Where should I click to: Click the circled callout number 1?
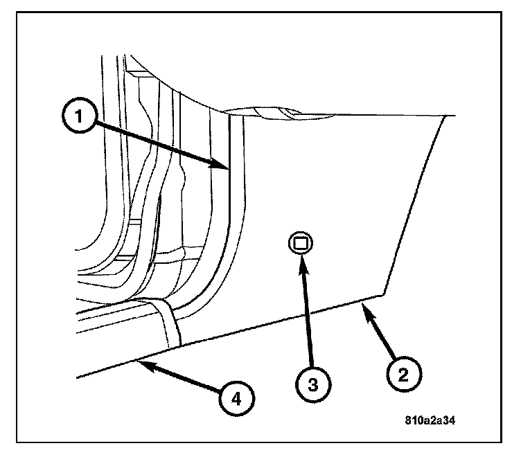click(x=80, y=115)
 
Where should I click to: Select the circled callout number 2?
click(x=404, y=374)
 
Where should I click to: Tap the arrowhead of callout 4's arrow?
click(x=137, y=361)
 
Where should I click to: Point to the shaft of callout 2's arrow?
click(x=380, y=330)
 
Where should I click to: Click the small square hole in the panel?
click(x=301, y=243)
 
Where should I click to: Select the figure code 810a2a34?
click(x=430, y=420)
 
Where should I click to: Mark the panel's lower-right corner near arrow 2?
click(x=384, y=294)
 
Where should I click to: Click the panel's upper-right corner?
click(x=445, y=116)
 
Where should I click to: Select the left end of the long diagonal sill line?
click(x=77, y=377)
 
